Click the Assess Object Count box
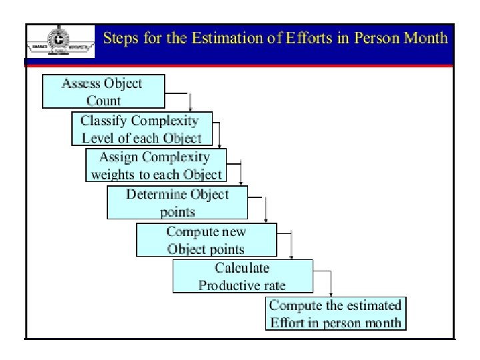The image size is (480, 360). click(x=103, y=91)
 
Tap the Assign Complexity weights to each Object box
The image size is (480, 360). click(x=156, y=165)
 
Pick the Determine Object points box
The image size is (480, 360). click(x=177, y=203)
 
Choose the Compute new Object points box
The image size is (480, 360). click(x=206, y=240)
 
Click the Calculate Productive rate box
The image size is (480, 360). click(x=242, y=276)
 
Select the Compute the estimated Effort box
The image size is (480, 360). click(x=335, y=313)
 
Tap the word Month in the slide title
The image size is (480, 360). click(x=425, y=37)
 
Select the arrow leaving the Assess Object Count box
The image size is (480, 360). click(x=191, y=101)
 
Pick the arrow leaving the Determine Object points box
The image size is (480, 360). click(x=266, y=210)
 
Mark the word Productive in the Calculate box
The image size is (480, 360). click(x=225, y=285)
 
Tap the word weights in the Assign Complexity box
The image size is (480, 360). click(x=113, y=174)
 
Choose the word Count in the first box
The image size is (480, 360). click(x=103, y=101)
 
